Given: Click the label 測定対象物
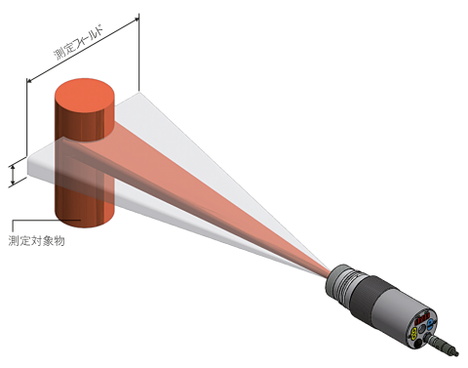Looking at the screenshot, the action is [37, 241].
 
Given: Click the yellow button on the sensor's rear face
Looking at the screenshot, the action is [414, 333].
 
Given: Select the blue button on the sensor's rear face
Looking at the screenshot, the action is [431, 324].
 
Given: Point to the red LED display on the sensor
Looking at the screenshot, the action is [422, 317].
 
